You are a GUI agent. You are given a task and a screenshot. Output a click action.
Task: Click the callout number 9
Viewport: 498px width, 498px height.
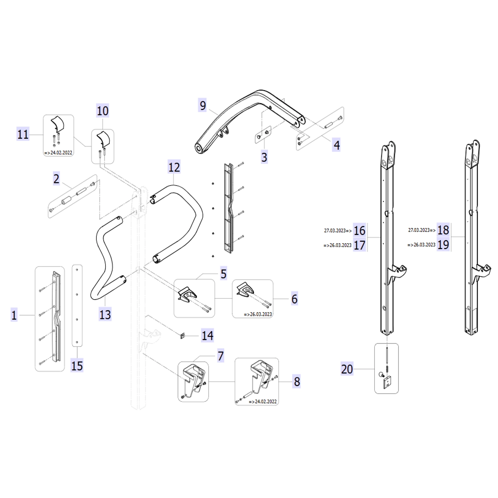pyautogui.click(x=203, y=105)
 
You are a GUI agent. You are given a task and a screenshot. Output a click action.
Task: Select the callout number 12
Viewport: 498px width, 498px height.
pyautogui.click(x=174, y=167)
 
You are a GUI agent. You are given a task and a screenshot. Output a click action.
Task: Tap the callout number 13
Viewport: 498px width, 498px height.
pyautogui.click(x=105, y=315)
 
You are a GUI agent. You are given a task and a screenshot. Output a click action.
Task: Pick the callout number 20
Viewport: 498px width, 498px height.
pyautogui.click(x=347, y=369)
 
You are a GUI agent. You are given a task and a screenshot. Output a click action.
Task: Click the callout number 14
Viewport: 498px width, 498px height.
pyautogui.click(x=207, y=335)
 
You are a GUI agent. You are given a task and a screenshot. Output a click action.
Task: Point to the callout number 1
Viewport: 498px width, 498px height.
pyautogui.click(x=14, y=315)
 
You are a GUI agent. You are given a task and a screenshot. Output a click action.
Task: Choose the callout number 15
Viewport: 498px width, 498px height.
pyautogui.click(x=77, y=366)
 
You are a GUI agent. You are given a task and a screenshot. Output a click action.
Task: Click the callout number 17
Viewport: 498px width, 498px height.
pyautogui.click(x=359, y=245)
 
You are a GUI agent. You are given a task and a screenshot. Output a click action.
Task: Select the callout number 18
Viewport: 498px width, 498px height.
pyautogui.click(x=443, y=230)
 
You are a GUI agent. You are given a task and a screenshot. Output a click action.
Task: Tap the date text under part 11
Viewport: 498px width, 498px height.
pyautogui.click(x=59, y=153)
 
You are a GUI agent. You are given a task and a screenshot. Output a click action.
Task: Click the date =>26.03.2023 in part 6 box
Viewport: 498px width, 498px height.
pyautogui.click(x=258, y=314)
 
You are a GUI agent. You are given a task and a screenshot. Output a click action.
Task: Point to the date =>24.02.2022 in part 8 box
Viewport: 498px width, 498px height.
pyautogui.click(x=263, y=402)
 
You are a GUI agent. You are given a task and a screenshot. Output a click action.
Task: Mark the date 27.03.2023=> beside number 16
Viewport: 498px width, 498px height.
pyautogui.click(x=338, y=230)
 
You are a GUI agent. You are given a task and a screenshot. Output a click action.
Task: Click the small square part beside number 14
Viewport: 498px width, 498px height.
pyautogui.click(x=182, y=336)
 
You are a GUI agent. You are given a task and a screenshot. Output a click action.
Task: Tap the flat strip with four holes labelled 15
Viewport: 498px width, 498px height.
pyautogui.click(x=77, y=305)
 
